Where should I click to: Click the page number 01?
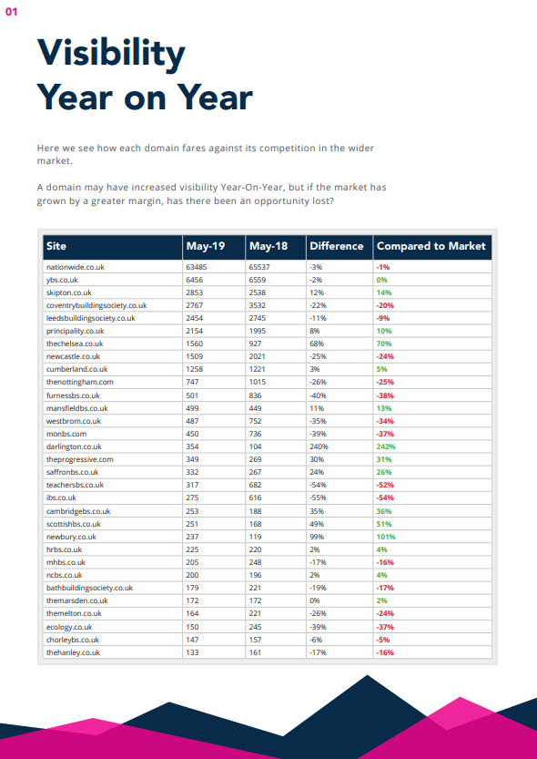11,13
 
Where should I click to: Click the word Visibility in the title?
110,55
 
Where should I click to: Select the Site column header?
56,246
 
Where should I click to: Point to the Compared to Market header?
431,246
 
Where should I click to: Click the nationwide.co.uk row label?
76,267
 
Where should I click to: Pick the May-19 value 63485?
198,267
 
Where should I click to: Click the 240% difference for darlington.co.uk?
319,447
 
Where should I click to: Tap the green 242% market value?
385,447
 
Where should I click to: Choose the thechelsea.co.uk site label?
75,344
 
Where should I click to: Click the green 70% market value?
383,344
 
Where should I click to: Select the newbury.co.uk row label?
71,537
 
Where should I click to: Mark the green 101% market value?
385,537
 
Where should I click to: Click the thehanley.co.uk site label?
73,652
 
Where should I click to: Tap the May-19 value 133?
192,652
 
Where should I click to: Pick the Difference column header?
336,246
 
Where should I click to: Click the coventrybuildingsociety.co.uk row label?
96,305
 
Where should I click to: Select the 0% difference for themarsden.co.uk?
315,601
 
